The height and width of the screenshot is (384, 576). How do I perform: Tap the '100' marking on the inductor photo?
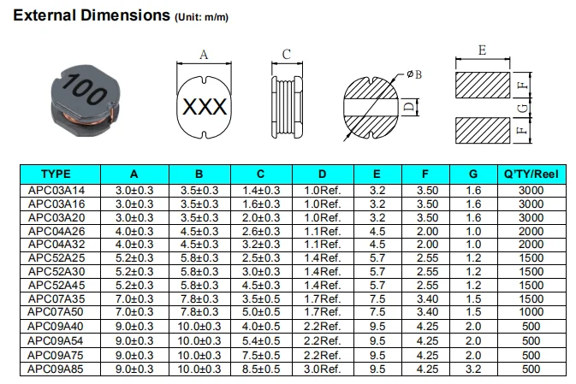(86, 89)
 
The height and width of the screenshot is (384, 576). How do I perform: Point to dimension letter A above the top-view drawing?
(204, 55)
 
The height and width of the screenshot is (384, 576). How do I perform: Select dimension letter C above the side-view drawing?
(287, 55)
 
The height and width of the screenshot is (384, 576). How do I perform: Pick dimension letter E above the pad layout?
(482, 50)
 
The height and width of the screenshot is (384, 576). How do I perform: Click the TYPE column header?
(56, 173)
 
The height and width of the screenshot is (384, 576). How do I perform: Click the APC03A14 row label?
(56, 189)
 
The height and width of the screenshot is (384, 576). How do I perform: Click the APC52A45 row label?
(56, 285)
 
